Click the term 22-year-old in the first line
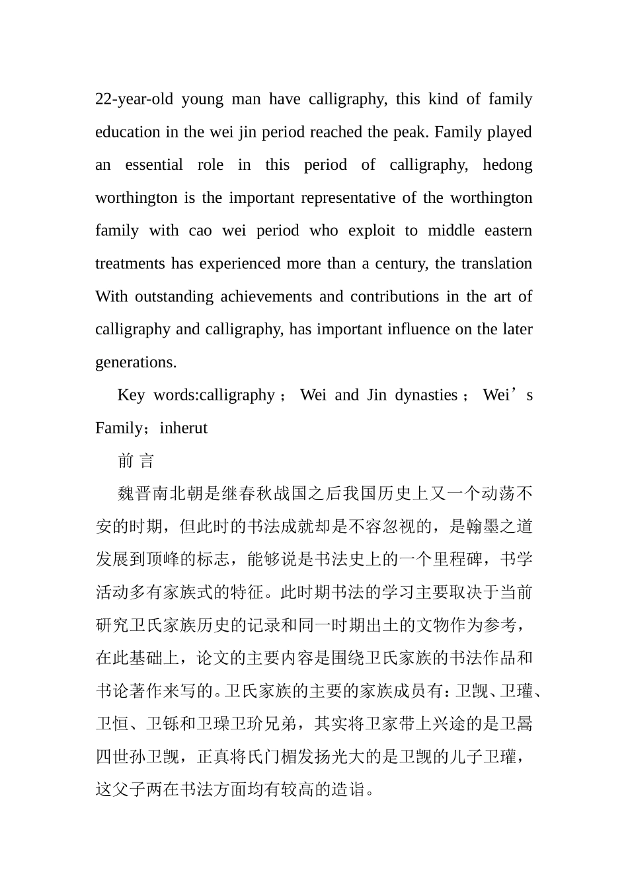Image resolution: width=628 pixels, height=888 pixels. tap(134, 99)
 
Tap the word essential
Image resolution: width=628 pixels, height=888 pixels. tap(154, 165)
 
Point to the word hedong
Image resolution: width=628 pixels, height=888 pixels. tap(507, 165)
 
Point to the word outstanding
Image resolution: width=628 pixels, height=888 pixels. tap(174, 296)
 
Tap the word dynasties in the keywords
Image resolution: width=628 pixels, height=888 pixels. tap(426, 395)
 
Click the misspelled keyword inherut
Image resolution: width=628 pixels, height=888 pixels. tap(184, 428)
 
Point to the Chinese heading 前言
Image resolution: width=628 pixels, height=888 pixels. tap(136, 461)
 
